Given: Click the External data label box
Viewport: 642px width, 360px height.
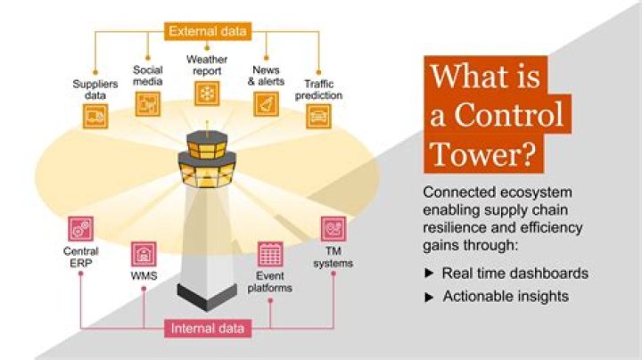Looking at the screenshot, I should (x=208, y=32).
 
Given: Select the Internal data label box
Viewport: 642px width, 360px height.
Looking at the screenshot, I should (x=208, y=329).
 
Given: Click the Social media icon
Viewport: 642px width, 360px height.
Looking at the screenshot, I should (x=147, y=103).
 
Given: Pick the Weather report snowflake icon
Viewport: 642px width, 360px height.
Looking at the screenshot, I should (x=207, y=93).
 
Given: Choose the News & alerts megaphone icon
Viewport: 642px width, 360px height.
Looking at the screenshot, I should (x=267, y=103).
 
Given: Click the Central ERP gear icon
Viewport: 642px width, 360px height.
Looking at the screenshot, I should (x=80, y=228).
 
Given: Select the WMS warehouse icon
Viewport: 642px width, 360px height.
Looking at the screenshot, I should (x=143, y=253).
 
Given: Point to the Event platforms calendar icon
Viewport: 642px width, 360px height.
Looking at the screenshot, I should (x=270, y=253).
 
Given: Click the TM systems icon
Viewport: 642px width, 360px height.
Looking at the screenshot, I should (x=333, y=228).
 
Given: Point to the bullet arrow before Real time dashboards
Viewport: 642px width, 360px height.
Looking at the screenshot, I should (x=429, y=274).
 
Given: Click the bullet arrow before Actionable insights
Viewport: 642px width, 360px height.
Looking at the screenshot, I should (x=429, y=296).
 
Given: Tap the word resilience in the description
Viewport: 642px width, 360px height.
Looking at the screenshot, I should (x=454, y=227).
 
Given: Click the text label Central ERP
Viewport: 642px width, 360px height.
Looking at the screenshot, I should (x=80, y=257).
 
